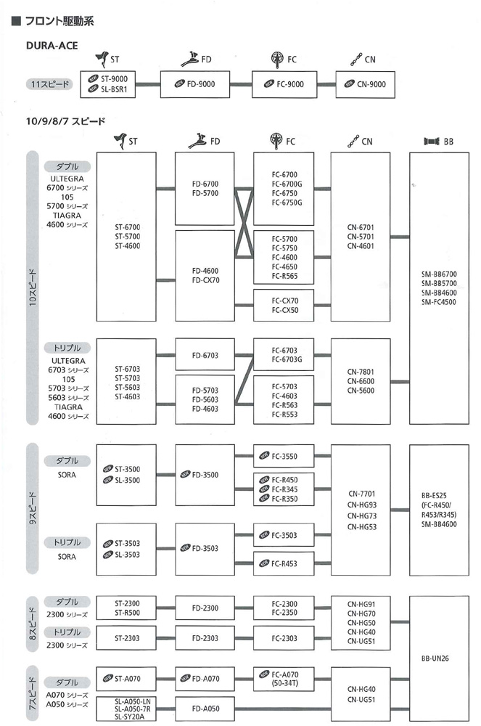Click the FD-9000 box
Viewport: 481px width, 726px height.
[x=194, y=84]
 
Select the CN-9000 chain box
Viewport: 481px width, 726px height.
[x=365, y=84]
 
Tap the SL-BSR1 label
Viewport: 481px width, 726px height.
[x=114, y=89]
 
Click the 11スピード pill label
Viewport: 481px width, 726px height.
[x=49, y=84]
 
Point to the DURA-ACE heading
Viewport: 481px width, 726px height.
[x=52, y=45]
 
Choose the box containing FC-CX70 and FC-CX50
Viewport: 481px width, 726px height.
[x=284, y=305]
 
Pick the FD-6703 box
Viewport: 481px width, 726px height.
[x=205, y=355]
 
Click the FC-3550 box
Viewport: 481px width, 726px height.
[x=284, y=456]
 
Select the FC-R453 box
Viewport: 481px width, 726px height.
[x=284, y=563]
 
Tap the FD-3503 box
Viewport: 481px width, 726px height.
[x=205, y=549]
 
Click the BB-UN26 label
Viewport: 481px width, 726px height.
[x=435, y=658]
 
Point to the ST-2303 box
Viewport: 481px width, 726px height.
[x=126, y=638]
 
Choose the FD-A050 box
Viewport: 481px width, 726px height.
[x=205, y=709]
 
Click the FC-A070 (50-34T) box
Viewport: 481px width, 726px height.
[x=284, y=679]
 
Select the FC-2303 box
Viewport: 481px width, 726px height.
[x=284, y=638]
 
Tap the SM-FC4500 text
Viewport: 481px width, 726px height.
[x=438, y=302]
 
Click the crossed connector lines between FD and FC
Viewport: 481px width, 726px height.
[x=244, y=223]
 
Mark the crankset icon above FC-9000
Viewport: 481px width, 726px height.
[x=277, y=60]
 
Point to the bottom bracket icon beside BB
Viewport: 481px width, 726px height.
[x=432, y=142]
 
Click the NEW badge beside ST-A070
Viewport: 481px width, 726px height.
[x=108, y=678]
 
